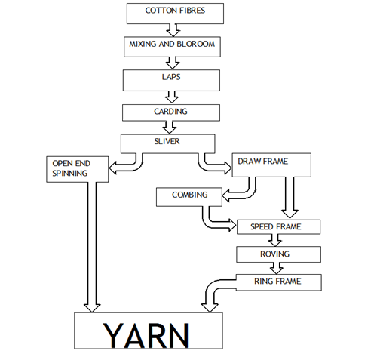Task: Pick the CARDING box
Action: tap(171, 112)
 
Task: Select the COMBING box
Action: tap(189, 196)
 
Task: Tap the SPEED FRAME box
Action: tap(278, 226)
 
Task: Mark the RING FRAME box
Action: tap(278, 282)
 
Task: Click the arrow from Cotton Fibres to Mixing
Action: tap(173, 29)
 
